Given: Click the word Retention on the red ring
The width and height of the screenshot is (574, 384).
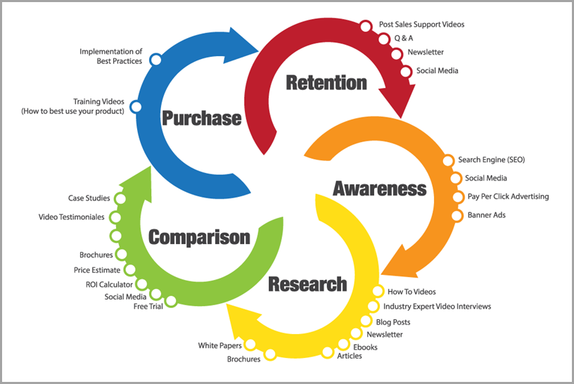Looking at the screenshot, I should point(326,82).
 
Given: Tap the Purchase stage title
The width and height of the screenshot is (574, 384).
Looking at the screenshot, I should point(202,117).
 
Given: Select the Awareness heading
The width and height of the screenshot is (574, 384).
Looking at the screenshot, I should point(380,188).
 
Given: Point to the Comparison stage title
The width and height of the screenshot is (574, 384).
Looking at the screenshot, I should point(199,236).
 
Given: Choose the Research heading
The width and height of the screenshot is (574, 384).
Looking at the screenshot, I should point(307,284).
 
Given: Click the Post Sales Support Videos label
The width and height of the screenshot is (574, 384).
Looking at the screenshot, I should point(421,25).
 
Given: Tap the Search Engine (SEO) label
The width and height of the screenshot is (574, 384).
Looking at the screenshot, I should point(491,160).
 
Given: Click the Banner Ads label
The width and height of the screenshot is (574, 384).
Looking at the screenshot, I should point(486,215).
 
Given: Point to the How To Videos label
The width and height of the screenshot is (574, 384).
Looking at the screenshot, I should point(412,292).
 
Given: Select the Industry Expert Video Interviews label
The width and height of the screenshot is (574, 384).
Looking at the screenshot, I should point(437,307).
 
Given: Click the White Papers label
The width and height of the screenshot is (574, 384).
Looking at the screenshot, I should point(219,345).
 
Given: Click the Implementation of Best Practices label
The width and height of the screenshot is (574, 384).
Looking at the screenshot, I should point(110,56).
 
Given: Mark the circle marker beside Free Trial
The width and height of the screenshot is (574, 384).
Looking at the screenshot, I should point(171,301).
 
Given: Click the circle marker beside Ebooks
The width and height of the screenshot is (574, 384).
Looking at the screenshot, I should point(344,344).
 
